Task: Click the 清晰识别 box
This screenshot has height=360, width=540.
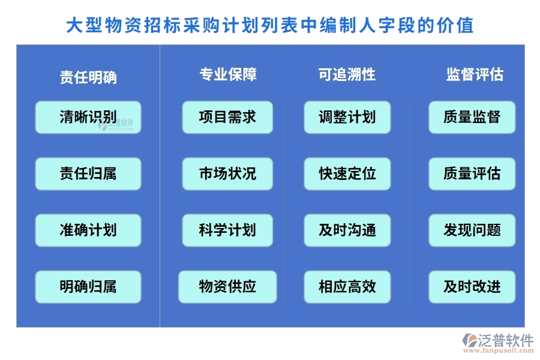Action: pyautogui.click(x=88, y=117)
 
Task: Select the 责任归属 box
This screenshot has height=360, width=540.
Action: pyautogui.click(x=88, y=173)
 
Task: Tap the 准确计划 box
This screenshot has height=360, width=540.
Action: pyautogui.click(x=88, y=230)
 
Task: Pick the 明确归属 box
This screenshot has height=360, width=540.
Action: pyautogui.click(x=88, y=287)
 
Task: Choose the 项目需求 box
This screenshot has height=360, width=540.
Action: pyautogui.click(x=227, y=117)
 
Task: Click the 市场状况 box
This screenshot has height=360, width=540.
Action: pyautogui.click(x=227, y=173)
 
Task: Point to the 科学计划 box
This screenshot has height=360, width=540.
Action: pyautogui.click(x=227, y=230)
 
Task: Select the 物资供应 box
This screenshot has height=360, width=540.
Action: pyautogui.click(x=227, y=287)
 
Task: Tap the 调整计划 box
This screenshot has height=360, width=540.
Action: pyautogui.click(x=347, y=117)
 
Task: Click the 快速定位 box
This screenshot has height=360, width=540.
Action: pyautogui.click(x=347, y=173)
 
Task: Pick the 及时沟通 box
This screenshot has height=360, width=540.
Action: pyautogui.click(x=347, y=230)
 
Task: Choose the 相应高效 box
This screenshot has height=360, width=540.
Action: pyautogui.click(x=347, y=287)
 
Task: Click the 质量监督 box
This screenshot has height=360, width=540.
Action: pyautogui.click(x=472, y=117)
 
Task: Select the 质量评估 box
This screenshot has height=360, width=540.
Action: pyautogui.click(x=472, y=173)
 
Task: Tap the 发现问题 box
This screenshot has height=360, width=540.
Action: pyautogui.click(x=472, y=230)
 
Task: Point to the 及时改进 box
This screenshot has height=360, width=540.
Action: pyautogui.click(x=472, y=287)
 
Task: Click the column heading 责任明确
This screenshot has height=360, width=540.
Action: pyautogui.click(x=88, y=77)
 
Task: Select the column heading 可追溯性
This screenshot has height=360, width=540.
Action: pyautogui.click(x=347, y=74)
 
